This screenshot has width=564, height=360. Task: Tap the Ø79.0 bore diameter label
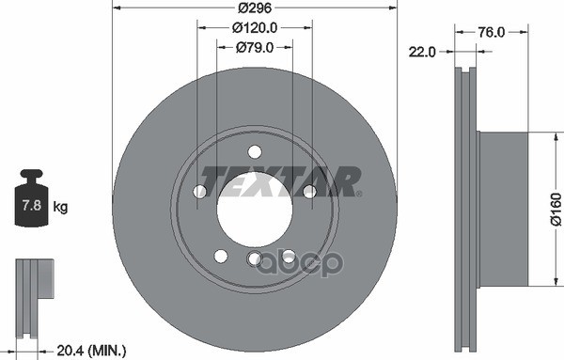pos(255,47)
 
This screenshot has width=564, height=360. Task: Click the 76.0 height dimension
pos(491,32)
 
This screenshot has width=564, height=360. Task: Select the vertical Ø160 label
pos(555,209)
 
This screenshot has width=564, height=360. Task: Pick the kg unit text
pos(60,206)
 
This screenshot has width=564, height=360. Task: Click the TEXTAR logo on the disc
pos(282,180)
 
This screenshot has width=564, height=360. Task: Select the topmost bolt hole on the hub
pos(254,152)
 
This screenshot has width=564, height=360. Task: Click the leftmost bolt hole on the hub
pos(199,192)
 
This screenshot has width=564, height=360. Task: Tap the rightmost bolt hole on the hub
pos(308,192)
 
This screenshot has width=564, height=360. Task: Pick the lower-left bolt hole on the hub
pos(220,256)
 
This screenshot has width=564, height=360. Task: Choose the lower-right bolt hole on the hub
pos(288,256)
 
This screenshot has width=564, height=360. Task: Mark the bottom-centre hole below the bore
pos(254,259)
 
